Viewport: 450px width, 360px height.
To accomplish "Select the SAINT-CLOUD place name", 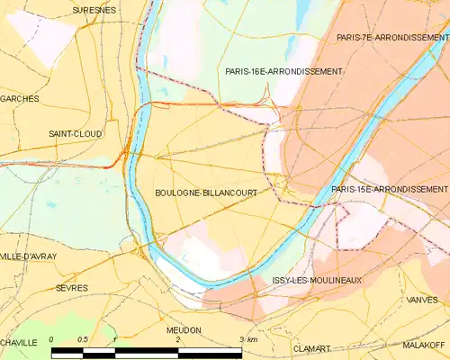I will coord(76,133).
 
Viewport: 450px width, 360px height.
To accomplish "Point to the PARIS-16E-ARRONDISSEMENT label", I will coord(283,71).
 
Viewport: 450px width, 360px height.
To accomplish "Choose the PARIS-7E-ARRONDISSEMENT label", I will coord(391,38).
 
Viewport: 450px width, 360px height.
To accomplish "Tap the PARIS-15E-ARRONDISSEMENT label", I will coord(389,190).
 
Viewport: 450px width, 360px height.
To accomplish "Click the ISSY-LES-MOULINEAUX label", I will coord(317,281).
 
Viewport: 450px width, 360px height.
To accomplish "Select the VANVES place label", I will coord(422,300).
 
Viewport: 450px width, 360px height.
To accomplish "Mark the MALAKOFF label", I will coord(425,345).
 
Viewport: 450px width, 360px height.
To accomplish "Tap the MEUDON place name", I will coord(184,330).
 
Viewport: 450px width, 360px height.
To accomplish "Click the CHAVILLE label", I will coord(18,343).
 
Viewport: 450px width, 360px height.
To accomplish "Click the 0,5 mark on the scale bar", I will coord(82,339).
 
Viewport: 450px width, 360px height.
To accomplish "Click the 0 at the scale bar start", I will coord(52,339).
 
